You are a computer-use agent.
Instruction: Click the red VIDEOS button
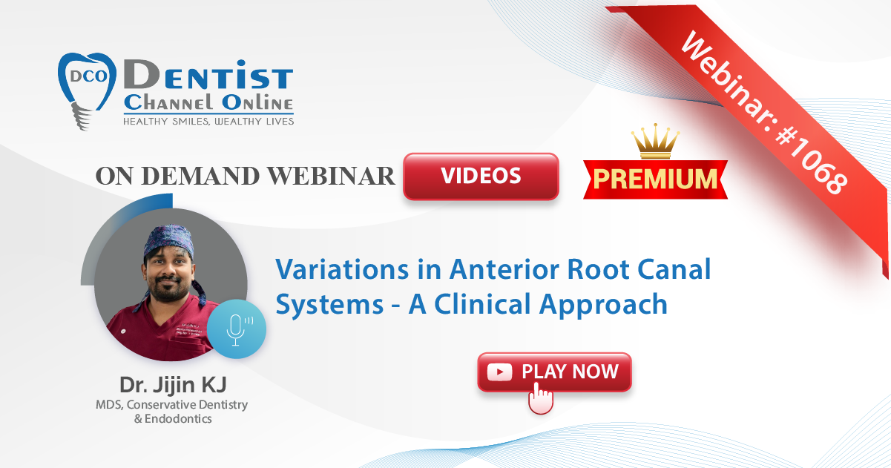481,176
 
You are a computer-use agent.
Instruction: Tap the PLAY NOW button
554,372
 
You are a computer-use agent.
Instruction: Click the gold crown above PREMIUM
655,141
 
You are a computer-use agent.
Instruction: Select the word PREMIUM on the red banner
655,179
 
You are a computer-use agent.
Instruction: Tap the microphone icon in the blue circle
237,330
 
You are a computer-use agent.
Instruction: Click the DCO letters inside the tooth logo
88,76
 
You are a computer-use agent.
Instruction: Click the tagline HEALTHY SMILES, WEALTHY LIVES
208,122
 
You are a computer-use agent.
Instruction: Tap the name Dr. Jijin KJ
173,384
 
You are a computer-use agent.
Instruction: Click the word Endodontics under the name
178,419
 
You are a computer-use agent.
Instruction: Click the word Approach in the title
603,305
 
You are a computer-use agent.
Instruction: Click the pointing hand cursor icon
540,398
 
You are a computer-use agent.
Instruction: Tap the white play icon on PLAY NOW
499,372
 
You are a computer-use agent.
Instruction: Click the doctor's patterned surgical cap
169,240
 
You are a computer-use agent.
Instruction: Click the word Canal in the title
674,269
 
